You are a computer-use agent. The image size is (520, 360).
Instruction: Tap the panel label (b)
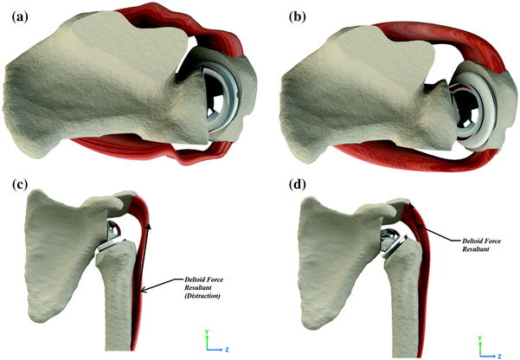[280, 13]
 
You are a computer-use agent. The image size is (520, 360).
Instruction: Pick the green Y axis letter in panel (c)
[205, 331]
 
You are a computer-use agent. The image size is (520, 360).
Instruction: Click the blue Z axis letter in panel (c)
[227, 350]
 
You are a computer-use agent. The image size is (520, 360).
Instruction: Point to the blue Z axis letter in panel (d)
[500, 350]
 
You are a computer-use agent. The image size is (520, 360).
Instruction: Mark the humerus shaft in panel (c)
[117, 303]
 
